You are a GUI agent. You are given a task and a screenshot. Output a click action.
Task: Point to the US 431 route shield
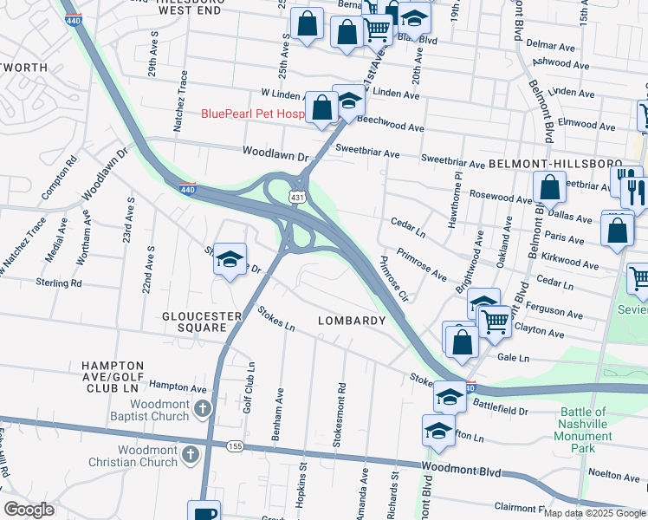(297, 198)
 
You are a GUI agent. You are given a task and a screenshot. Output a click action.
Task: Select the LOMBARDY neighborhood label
(351, 321)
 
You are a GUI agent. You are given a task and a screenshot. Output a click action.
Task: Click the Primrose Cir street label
(393, 278)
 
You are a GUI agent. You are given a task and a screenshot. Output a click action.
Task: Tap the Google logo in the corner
(29, 510)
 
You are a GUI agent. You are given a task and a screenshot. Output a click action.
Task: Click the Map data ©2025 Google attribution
(594, 513)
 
